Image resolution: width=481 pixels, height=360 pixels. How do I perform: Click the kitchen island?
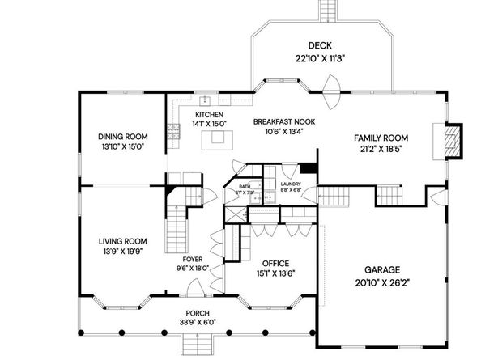tap(216, 140)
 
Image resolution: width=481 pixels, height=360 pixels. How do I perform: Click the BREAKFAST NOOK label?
tap(283, 121)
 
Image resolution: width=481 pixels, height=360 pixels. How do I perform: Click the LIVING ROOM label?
tap(122, 240)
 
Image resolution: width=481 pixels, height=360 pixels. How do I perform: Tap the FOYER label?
tap(193, 259)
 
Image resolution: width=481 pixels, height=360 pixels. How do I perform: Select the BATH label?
tap(245, 186)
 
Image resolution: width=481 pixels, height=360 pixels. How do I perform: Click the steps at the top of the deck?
tap(327, 10)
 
